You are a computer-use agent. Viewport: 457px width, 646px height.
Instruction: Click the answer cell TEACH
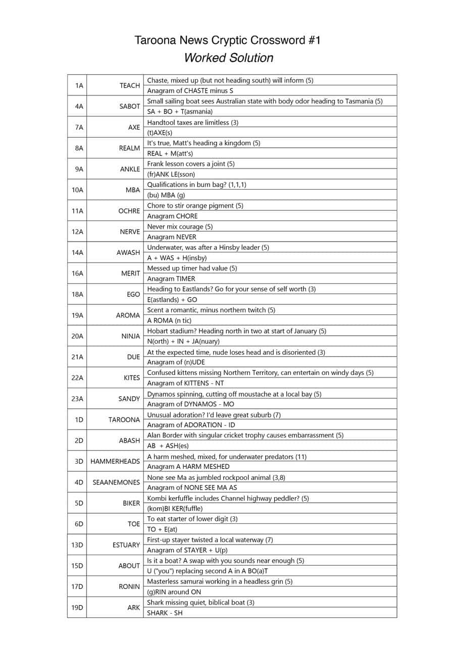(129, 86)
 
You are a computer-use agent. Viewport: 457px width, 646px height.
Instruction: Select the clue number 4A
(79, 106)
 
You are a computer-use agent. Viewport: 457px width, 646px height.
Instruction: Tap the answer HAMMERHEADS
(115, 461)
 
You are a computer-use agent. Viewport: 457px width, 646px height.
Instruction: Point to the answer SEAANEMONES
(116, 482)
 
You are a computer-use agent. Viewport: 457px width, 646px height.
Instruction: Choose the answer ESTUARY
(126, 545)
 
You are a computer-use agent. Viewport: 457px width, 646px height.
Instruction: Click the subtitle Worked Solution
(228, 58)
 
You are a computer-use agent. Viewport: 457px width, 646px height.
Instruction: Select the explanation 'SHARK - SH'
(165, 613)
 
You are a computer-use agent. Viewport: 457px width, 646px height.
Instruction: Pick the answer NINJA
(130, 336)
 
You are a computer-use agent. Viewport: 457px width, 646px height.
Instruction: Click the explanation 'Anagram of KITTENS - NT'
(185, 383)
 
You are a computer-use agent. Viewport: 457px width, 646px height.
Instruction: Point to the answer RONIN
(129, 587)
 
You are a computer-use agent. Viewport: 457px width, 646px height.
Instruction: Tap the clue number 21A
(77, 357)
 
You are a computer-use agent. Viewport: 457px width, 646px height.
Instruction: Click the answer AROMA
(128, 315)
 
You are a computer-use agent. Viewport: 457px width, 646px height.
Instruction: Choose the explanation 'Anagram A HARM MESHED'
(188, 467)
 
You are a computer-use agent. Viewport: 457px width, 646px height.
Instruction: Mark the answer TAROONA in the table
(124, 420)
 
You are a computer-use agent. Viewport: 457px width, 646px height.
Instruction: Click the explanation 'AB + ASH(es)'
(169, 446)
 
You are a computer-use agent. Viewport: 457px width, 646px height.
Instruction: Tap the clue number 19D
(77, 608)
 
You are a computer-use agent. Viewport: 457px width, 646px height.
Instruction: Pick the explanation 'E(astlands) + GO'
(172, 300)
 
